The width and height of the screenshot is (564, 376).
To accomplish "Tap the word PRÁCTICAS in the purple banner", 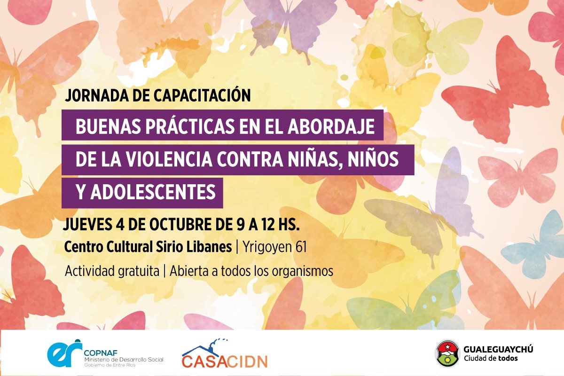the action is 190,126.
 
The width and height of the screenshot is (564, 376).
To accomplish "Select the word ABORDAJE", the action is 331,126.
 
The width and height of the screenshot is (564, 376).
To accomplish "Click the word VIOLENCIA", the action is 169,159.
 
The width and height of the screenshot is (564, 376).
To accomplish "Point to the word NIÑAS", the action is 315,159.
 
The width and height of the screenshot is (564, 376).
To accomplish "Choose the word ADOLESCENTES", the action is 153,192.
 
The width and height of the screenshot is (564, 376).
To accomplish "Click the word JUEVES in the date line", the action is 87,224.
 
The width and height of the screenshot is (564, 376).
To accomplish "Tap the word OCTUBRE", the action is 181,224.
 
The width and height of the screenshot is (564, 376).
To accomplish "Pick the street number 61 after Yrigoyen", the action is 301,247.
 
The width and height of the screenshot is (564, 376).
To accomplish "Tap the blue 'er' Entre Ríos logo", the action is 65,353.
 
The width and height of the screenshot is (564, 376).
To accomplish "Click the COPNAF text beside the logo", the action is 101,353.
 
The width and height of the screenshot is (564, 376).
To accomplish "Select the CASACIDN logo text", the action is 224,361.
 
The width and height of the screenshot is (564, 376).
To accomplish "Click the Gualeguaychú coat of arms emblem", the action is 447,353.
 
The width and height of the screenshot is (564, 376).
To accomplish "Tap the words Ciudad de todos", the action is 491,358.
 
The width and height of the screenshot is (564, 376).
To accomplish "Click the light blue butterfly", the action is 536,244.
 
